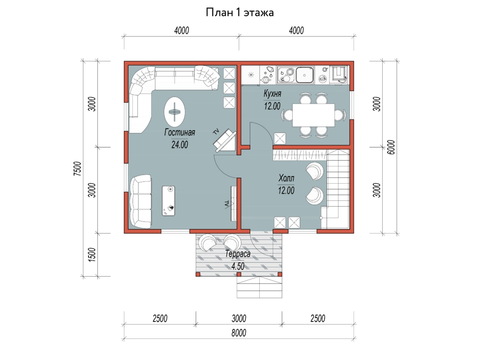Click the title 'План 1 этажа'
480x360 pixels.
click(240, 12)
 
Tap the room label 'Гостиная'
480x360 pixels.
click(180, 132)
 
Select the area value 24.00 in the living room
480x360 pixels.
click(180, 145)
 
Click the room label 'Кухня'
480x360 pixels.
click(272, 94)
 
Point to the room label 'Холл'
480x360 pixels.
click(286, 178)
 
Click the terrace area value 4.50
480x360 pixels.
click(238, 266)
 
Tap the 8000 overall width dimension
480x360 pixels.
click(239, 333)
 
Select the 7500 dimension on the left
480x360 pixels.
click(77, 169)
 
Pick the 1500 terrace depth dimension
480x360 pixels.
click(92, 255)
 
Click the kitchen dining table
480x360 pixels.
click(313, 115)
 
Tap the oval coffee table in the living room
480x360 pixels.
click(174, 112)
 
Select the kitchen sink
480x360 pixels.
click(305, 75)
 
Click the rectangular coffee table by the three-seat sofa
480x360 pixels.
click(168, 201)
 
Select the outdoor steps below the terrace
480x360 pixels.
click(259, 287)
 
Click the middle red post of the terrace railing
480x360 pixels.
click(239, 274)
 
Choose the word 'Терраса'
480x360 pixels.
click(238, 254)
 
